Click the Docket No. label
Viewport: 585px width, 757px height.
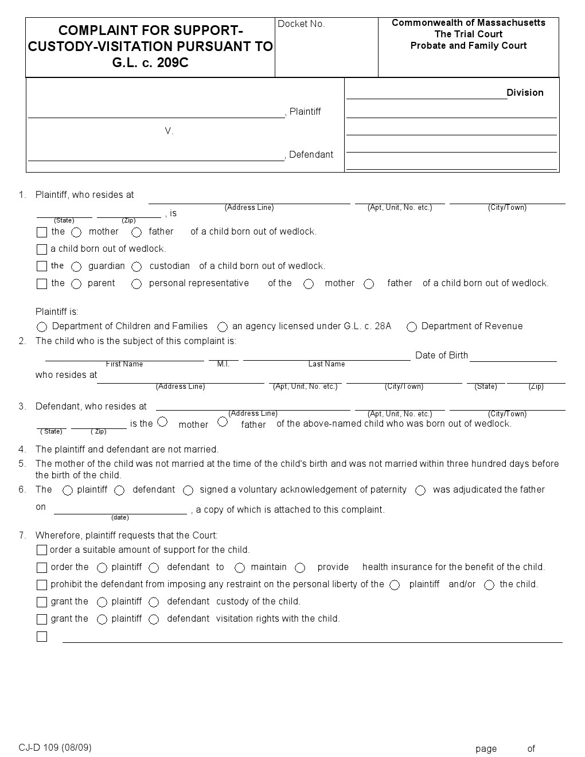[301, 24]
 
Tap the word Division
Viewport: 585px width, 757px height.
[525, 93]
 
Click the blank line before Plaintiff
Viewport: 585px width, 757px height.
[156, 113]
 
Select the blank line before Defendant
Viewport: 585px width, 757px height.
[156, 156]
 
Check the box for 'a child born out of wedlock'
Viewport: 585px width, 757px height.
[42, 249]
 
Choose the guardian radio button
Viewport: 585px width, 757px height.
[76, 267]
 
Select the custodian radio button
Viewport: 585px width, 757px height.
[136, 267]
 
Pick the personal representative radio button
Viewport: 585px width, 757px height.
[136, 284]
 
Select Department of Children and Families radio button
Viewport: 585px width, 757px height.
[42, 327]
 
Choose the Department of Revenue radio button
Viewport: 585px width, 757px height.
[412, 327]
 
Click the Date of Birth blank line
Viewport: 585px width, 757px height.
[513, 357]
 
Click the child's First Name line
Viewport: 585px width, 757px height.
[124, 357]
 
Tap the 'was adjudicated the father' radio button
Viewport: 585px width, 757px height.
[420, 490]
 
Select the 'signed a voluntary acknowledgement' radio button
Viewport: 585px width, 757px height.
[188, 490]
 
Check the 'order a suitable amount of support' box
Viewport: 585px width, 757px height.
[42, 551]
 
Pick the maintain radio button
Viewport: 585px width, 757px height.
[240, 568]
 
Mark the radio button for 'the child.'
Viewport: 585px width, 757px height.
[489, 585]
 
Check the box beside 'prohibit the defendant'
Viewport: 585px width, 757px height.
[42, 585]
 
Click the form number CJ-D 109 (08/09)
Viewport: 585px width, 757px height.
[55, 747]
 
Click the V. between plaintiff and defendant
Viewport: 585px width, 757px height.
[169, 131]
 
